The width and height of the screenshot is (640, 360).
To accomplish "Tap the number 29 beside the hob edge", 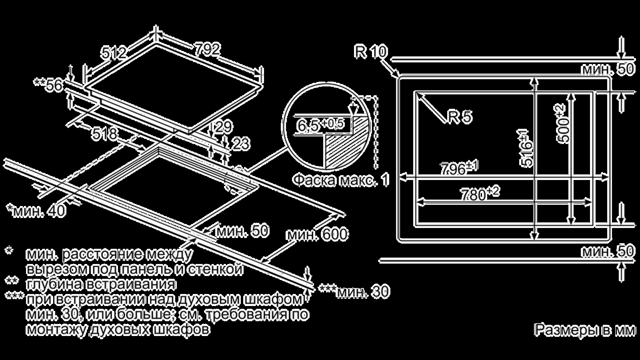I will (x=224, y=127).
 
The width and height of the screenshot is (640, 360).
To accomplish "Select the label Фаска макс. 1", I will (x=340, y=180).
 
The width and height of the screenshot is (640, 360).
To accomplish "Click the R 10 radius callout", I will (x=370, y=52).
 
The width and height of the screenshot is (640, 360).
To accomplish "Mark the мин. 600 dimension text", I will (x=318, y=234).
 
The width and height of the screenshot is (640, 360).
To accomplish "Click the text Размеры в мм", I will (x=584, y=330).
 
